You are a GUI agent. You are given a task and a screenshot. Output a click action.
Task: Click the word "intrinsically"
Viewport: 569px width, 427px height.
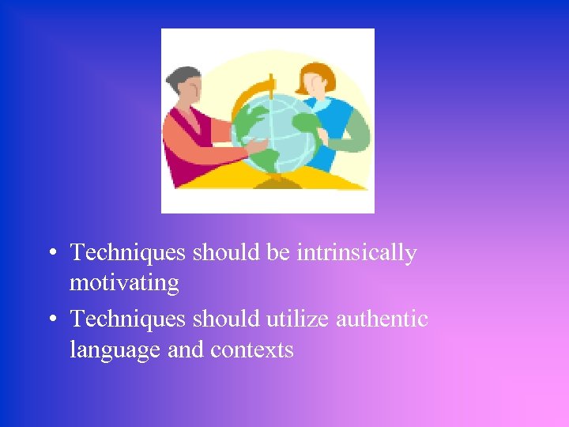pos(356,253)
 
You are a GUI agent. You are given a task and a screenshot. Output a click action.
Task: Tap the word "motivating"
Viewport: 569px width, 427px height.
pos(124,282)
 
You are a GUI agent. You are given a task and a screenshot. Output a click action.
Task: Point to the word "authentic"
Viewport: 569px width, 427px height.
pos(382,319)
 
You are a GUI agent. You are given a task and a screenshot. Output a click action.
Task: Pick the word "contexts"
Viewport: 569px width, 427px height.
pos(252,350)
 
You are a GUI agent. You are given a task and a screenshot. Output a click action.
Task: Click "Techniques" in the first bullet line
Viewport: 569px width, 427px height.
pos(128,253)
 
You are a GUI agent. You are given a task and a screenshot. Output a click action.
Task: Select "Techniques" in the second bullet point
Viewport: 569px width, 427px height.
pos(128,319)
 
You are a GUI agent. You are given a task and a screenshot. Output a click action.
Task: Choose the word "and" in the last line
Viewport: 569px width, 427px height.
pos(185,350)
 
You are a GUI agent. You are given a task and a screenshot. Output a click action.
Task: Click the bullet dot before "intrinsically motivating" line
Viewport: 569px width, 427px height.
pos(51,254)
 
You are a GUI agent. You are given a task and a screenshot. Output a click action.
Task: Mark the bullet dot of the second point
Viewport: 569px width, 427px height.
pos(51,320)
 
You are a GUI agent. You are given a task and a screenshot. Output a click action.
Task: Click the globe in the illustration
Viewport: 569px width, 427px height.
pos(277,134)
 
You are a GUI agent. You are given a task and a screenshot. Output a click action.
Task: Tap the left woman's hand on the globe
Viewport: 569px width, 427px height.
pos(254,147)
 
